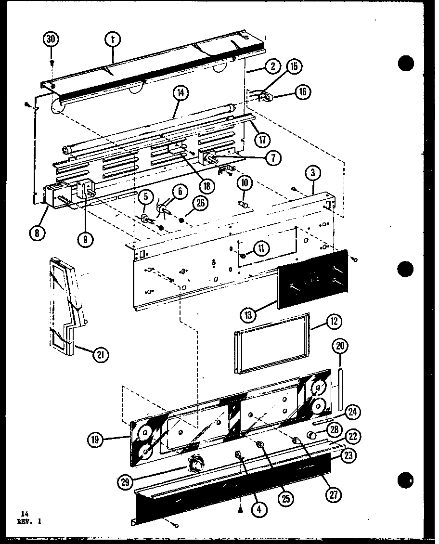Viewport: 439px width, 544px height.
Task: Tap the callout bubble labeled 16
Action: (303, 92)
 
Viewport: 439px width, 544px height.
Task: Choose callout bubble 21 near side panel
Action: (101, 355)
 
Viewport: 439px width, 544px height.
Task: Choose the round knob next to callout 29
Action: (196, 464)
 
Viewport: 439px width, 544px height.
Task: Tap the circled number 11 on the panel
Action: (260, 248)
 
